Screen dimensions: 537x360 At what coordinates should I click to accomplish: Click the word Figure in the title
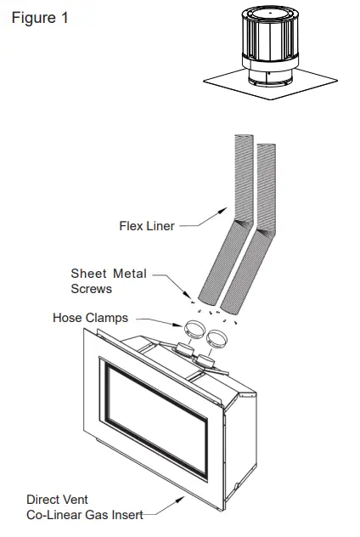[x=32, y=18]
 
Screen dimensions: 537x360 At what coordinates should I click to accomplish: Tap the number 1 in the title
[x=63, y=18]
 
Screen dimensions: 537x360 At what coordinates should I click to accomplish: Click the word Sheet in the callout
[x=87, y=274]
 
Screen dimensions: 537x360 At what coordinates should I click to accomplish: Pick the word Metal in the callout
[x=129, y=274]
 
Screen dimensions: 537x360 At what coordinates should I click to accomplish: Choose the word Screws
[x=91, y=288]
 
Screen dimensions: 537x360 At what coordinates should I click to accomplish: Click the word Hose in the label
[x=68, y=318]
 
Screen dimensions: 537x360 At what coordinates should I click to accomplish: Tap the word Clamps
[x=109, y=318]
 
